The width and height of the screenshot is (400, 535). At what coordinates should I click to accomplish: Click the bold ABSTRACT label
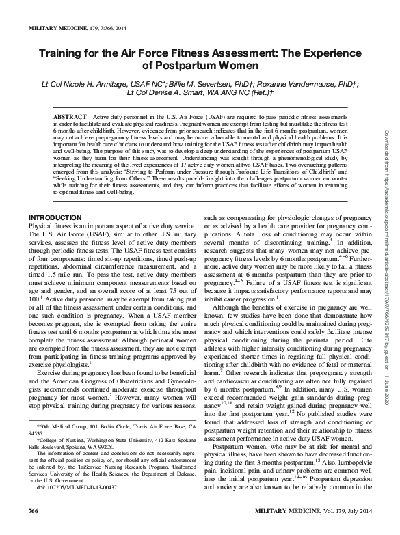[x=71, y=118]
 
